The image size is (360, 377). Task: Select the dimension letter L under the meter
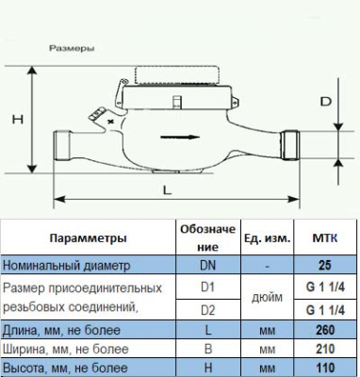tap(166, 189)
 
